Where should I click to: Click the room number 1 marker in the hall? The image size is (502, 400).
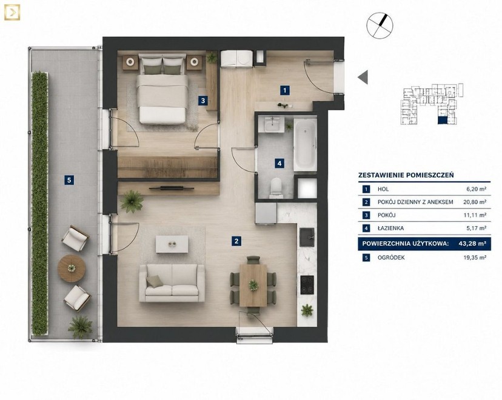pyautogui.click(x=284, y=90)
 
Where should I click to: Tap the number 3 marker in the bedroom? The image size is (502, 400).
pyautogui.click(x=202, y=101)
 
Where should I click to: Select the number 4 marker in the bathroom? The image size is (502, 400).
pyautogui.click(x=279, y=164)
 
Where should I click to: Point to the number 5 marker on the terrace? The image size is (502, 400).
pyautogui.click(x=69, y=180)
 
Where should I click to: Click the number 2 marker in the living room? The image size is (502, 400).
pyautogui.click(x=236, y=241)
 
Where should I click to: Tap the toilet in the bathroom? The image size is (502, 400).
pyautogui.click(x=276, y=187)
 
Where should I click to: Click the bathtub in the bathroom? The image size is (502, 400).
pyautogui.click(x=305, y=144)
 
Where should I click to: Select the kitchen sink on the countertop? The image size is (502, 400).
pyautogui.click(x=307, y=237)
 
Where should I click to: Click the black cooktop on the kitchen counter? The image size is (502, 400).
pyautogui.click(x=307, y=285)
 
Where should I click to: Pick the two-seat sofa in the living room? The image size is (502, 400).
pyautogui.click(x=172, y=283)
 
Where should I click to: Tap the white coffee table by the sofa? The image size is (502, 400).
pyautogui.click(x=172, y=244)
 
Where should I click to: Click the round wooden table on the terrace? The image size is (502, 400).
pyautogui.click(x=72, y=268)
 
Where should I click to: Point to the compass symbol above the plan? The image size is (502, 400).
pyautogui.click(x=380, y=25)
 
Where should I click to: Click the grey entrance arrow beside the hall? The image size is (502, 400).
pyautogui.click(x=363, y=77)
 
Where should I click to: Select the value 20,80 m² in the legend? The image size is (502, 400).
pyautogui.click(x=475, y=202)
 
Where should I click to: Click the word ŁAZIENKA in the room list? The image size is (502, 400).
pyautogui.click(x=390, y=228)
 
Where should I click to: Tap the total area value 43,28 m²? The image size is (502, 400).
pyautogui.click(x=472, y=244)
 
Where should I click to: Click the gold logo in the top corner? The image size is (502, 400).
pyautogui.click(x=12, y=12)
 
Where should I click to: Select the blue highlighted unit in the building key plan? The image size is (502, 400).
pyautogui.click(x=443, y=120)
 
